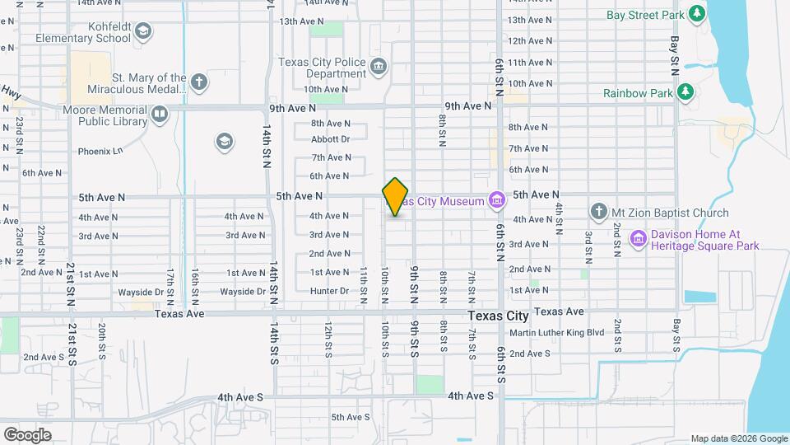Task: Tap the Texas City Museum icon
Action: point(496,199)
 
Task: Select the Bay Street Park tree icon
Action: point(697,13)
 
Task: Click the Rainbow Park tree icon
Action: point(685,92)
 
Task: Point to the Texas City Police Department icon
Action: point(378,67)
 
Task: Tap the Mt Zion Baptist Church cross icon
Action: point(599,212)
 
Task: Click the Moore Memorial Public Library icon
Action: point(159,113)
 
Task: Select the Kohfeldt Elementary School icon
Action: point(144,31)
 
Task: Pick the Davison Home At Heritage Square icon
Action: point(638,239)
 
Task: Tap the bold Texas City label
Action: point(498,316)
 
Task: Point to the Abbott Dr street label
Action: point(331,139)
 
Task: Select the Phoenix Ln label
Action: point(100,151)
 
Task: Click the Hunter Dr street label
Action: point(330,291)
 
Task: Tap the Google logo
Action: point(27,434)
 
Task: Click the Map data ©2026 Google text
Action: point(738,438)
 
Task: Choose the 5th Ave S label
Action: point(350,417)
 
